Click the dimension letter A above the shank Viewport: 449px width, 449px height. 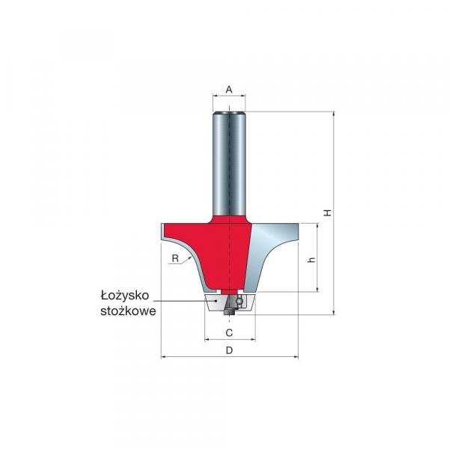click(x=229, y=90)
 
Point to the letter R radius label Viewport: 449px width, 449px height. click(x=175, y=259)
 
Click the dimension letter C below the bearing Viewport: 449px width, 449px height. click(x=229, y=333)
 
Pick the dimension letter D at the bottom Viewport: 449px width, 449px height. click(x=230, y=350)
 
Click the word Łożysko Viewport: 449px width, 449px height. click(x=125, y=296)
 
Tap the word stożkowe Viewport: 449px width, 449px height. click(x=128, y=311)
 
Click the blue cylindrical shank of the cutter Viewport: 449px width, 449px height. click(x=229, y=163)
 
